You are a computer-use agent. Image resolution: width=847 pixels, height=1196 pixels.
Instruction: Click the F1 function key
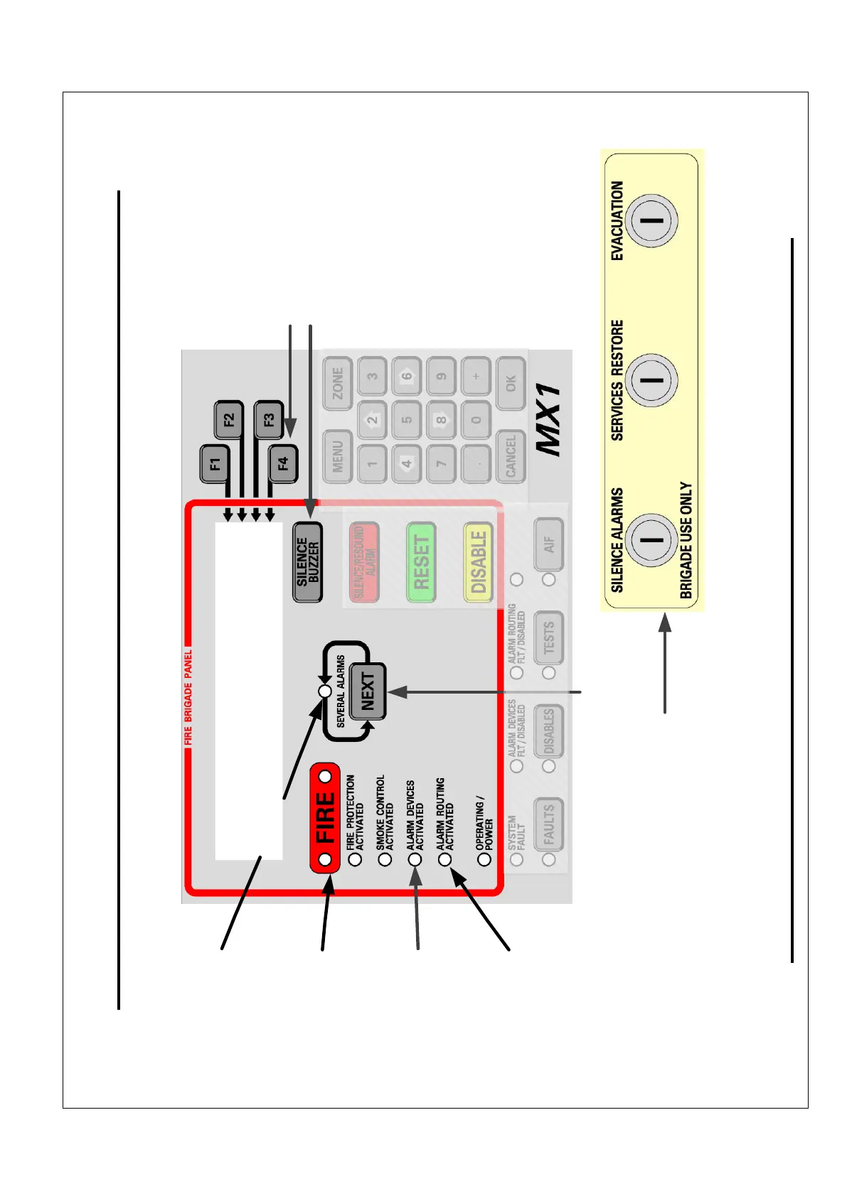click(x=215, y=464)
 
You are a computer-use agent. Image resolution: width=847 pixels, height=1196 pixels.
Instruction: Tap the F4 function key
click(x=282, y=464)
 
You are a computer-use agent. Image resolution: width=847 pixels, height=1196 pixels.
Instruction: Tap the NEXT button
click(x=368, y=691)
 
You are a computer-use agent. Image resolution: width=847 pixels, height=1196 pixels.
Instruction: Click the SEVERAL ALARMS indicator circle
click(x=325, y=691)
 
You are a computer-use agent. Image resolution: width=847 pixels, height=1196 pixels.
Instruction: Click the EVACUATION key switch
click(x=651, y=220)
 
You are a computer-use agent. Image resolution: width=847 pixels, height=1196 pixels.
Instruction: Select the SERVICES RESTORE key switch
click(x=651, y=379)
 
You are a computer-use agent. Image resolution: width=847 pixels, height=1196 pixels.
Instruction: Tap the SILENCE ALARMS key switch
click(x=651, y=539)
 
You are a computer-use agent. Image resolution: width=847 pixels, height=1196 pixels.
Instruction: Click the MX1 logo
click(x=549, y=421)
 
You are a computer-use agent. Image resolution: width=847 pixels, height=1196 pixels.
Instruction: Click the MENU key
click(x=338, y=456)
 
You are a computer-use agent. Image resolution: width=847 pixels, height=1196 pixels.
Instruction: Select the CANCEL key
click(x=511, y=456)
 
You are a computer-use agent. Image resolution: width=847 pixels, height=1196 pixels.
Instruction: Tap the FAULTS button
click(x=549, y=824)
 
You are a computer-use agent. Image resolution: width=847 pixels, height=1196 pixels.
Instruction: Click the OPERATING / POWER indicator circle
click(x=485, y=859)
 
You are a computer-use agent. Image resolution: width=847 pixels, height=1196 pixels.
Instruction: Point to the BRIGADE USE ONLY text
click(x=686, y=540)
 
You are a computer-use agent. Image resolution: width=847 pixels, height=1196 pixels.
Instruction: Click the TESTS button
click(x=549, y=637)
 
